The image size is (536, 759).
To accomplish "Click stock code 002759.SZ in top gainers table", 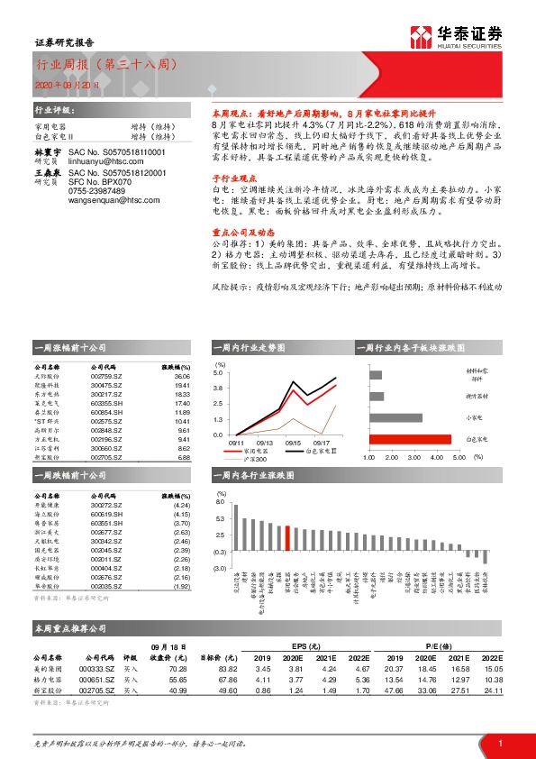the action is pyautogui.click(x=107, y=377).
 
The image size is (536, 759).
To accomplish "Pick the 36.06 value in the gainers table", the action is pyautogui.click(x=183, y=377).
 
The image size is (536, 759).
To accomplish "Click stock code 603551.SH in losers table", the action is pyautogui.click(x=107, y=523).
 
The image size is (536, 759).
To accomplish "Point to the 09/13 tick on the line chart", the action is pyautogui.click(x=264, y=442).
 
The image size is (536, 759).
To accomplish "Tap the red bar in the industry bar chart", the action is pyautogui.click(x=286, y=537).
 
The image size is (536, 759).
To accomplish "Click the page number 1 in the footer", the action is pyautogui.click(x=500, y=742).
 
